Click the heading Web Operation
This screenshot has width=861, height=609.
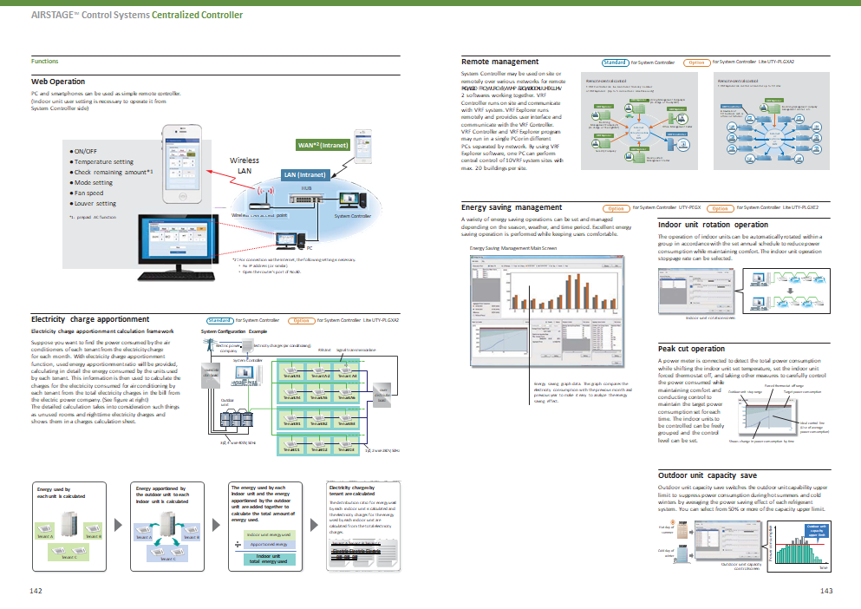(58, 82)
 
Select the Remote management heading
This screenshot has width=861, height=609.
(499, 62)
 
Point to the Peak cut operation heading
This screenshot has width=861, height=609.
(691, 349)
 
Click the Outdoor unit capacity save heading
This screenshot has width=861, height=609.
(707, 475)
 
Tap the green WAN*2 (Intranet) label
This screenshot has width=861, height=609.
(322, 145)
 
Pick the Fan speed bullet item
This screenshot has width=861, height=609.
(91, 193)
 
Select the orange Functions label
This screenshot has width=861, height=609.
(44, 62)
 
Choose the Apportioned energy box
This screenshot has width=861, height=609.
(268, 546)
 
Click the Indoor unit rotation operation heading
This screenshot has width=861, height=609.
(714, 225)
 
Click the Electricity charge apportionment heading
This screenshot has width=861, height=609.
(85, 319)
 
